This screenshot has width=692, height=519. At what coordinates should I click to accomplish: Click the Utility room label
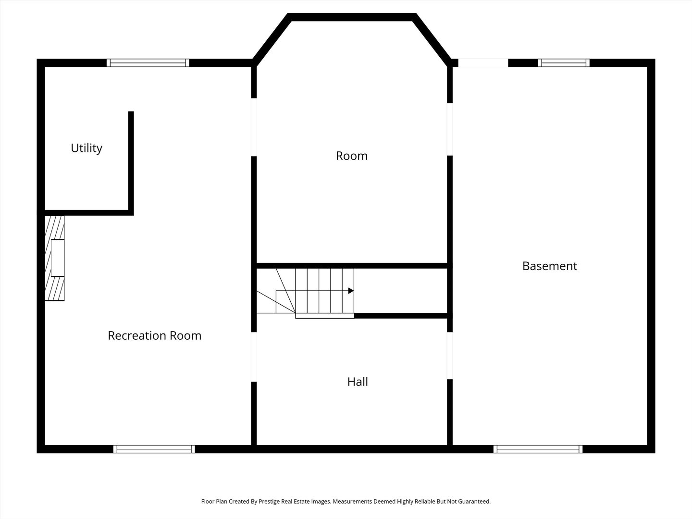86,148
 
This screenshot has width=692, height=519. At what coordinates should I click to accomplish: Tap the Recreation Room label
154,335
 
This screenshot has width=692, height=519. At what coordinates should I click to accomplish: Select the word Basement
549,266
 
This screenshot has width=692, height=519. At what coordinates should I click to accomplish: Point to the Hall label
358,382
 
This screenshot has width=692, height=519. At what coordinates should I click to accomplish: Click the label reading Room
351,156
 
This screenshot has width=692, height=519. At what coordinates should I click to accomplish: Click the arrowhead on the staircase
351,291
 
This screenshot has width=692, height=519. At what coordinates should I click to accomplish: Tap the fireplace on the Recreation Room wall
54,258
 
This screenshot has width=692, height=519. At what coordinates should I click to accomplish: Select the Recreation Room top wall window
148,62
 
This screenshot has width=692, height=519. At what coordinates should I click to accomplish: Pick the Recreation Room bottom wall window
154,449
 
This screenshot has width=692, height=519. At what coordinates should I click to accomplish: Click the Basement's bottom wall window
538,449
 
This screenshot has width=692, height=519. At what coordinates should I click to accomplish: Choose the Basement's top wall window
564,62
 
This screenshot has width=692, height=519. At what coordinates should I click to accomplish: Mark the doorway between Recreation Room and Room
254,127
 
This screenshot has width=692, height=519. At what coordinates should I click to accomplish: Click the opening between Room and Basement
450,129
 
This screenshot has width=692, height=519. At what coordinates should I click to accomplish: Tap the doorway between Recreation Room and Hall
254,357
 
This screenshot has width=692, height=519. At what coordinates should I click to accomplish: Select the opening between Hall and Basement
450,356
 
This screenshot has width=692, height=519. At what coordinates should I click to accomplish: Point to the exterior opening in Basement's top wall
483,62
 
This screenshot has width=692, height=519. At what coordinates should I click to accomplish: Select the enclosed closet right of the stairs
400,291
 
